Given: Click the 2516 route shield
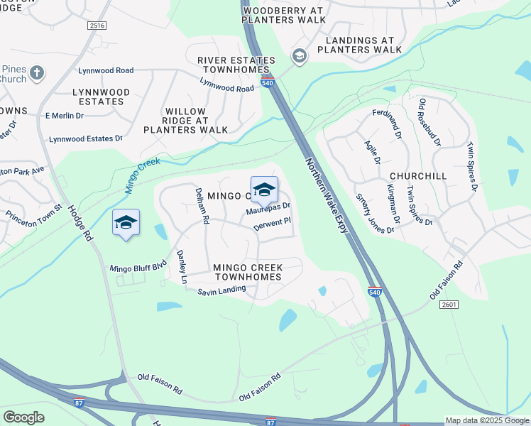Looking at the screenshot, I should tap(97, 26).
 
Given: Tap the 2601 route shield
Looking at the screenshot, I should tap(449, 305).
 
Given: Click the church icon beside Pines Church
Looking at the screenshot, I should tap(38, 72).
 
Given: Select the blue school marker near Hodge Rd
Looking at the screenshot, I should tap(126, 223).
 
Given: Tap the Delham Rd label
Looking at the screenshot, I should tap(202, 206).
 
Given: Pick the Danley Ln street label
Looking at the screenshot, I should tap(181, 267).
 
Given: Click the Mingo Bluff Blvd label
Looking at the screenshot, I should tap(138, 268).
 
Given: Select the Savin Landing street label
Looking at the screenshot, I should tap(221, 290).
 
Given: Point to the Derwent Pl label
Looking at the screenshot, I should tap(273, 224).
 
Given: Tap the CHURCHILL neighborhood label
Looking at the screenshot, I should tap(418, 175).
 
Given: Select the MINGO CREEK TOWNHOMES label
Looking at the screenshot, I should tap(248, 272).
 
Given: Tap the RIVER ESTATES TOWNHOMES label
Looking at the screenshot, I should tap(236, 65).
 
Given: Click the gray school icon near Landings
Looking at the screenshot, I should tap(299, 56).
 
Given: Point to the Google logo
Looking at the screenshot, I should tap(24, 417).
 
